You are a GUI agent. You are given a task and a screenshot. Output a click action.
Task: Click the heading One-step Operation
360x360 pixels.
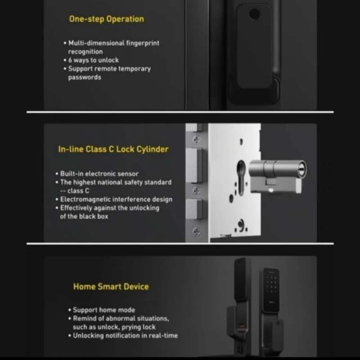click(x=106, y=19)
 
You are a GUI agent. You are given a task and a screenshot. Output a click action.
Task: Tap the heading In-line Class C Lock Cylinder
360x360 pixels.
click(x=113, y=149)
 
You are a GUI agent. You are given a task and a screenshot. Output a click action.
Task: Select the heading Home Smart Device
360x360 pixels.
click(x=111, y=287)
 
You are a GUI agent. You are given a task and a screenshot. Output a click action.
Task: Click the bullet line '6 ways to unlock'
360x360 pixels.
click(x=93, y=60)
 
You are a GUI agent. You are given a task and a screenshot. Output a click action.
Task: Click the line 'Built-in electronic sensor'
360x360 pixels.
click(x=99, y=174)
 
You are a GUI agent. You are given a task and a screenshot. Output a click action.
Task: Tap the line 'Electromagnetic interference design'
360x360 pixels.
click(x=116, y=199)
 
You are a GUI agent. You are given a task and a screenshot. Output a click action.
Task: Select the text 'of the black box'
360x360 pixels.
click(x=84, y=216)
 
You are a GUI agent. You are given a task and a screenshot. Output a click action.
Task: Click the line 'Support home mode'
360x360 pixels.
click(x=104, y=310)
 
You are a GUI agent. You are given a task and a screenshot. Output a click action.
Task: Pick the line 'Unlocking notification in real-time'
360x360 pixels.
click(x=125, y=335)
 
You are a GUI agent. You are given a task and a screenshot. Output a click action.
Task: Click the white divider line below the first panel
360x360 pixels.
click(x=180, y=112)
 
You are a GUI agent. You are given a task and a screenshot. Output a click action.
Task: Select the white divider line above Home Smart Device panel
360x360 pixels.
click(x=180, y=243)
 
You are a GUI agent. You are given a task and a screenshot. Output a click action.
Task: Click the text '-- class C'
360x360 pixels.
click(x=75, y=191)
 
